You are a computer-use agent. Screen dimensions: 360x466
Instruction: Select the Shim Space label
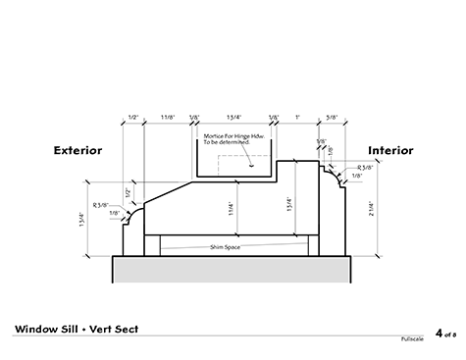(x=225, y=247)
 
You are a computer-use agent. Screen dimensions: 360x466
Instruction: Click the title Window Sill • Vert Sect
(x=76, y=327)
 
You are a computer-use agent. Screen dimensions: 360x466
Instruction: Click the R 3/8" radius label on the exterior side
(x=101, y=204)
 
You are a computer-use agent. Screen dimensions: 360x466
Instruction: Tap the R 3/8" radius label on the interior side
(x=368, y=169)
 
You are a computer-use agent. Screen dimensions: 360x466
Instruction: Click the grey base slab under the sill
(x=233, y=268)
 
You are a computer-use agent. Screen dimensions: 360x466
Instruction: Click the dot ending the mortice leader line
(x=252, y=165)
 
